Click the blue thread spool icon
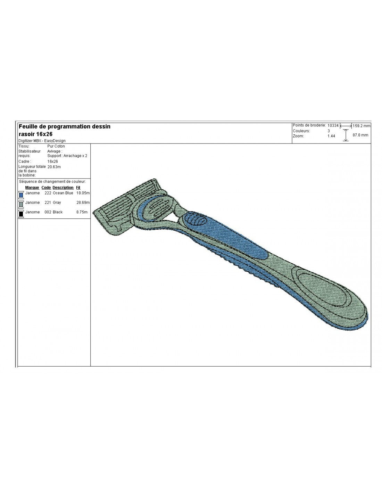coord(21,195)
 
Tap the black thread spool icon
coord(21,214)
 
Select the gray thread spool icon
coord(21,204)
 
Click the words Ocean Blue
coord(63,193)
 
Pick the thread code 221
coord(48,202)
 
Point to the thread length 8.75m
coord(82,212)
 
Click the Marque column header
coord(32,188)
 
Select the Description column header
coord(63,188)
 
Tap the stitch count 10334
coord(333,125)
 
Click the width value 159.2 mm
coord(361,125)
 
